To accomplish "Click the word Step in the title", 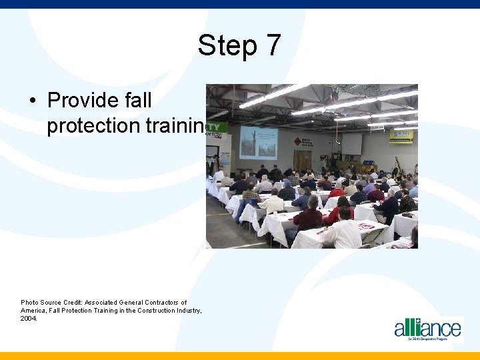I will pyautogui.click(x=227, y=46).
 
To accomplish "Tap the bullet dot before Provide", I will pyautogui.click(x=32, y=101).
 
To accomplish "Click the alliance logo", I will pyautogui.click(x=427, y=329).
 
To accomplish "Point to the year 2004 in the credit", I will pyautogui.click(x=29, y=318).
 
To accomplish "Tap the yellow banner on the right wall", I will pyautogui.click(x=401, y=135).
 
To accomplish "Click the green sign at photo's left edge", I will pyautogui.click(x=217, y=128).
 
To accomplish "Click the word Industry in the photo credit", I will pyautogui.click(x=187, y=310).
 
